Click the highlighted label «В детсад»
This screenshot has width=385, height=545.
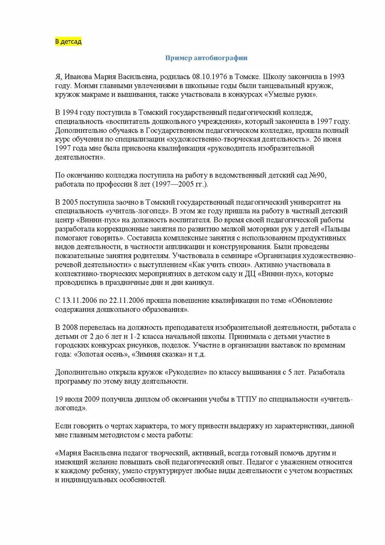coord(68,41)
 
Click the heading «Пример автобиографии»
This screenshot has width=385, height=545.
coord(206,58)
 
